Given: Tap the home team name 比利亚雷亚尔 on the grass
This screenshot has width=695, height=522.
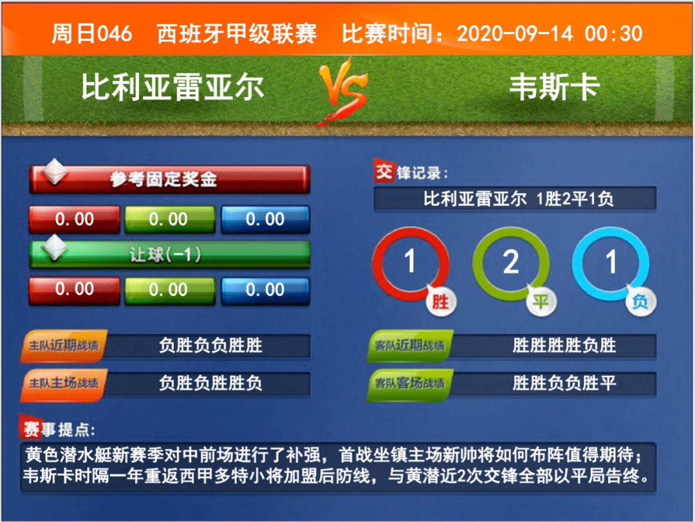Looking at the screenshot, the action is [172, 87].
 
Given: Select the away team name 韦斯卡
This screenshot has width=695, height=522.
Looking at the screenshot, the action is [555, 87].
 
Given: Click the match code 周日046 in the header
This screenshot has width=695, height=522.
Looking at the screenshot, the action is [92, 33].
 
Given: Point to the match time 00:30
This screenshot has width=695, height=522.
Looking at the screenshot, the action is [613, 33].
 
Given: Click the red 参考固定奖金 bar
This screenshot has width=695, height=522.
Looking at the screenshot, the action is [169, 179].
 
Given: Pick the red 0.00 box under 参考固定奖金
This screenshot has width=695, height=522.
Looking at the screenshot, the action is [75, 219].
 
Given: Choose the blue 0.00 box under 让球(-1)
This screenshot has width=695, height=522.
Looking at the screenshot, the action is [265, 290].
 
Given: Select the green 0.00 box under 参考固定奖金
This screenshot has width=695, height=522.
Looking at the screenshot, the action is [170, 219].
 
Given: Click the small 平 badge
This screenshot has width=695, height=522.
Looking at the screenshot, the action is [541, 302].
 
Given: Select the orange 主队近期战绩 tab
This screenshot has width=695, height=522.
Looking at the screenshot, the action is [64, 346].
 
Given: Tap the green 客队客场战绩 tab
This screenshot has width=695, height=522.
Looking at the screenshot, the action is [410, 383].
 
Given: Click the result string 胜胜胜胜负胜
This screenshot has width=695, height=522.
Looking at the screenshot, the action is [564, 346].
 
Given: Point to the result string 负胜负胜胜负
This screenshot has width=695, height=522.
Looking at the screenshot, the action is [210, 383].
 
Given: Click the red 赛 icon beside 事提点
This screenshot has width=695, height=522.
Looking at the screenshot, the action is [31, 428].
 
